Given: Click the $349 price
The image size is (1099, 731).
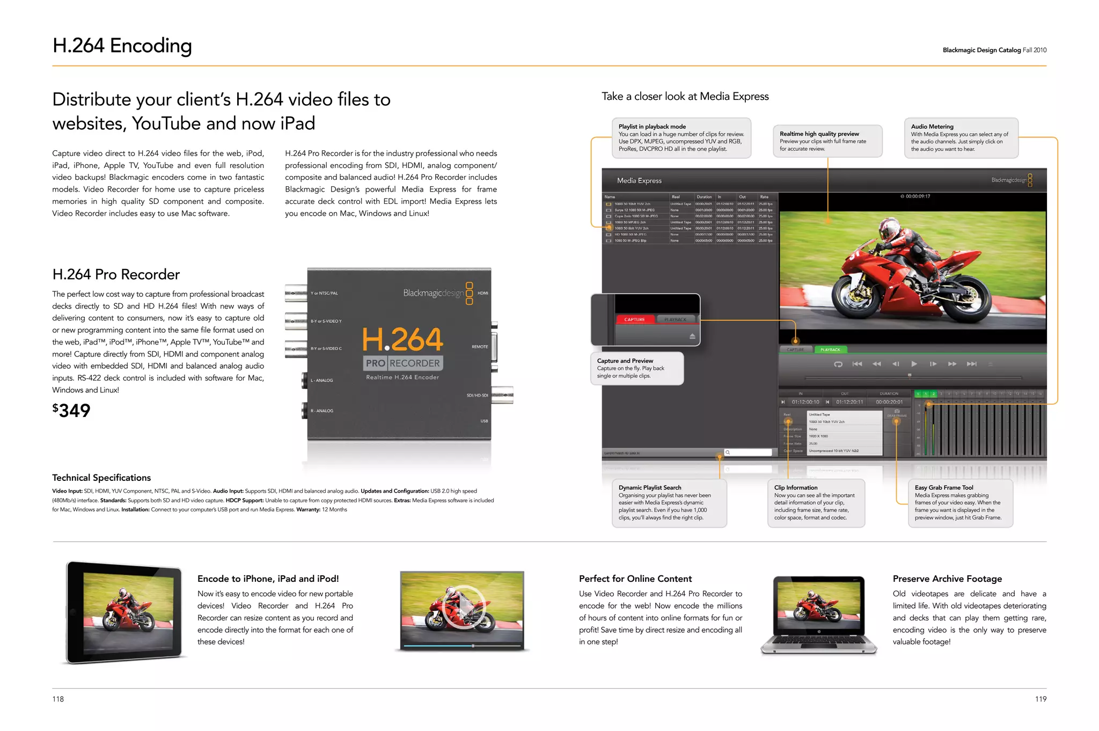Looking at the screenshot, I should (x=71, y=411).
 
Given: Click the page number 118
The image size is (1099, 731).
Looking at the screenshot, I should (x=58, y=699).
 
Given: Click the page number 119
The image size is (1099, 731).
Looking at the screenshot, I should (x=1041, y=699).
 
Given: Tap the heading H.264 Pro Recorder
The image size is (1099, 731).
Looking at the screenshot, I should (x=116, y=274).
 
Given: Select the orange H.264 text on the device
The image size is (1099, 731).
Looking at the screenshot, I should (x=402, y=339).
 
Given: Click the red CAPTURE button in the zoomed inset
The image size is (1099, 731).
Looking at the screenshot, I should (x=634, y=319).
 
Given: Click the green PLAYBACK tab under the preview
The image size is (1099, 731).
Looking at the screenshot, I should (x=830, y=350).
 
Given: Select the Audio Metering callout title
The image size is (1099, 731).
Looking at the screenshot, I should (x=932, y=127).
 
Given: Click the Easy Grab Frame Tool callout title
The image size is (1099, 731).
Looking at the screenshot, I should (x=944, y=488).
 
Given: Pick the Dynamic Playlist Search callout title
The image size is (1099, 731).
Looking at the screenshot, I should (x=650, y=488).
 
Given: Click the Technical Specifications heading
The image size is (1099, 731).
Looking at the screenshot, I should (x=101, y=478).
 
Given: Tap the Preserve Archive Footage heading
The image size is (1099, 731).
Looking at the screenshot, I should (x=947, y=579).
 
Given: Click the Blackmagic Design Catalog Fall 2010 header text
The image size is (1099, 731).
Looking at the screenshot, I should (x=994, y=50).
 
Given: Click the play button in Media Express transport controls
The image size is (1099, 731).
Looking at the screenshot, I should (x=914, y=364).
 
